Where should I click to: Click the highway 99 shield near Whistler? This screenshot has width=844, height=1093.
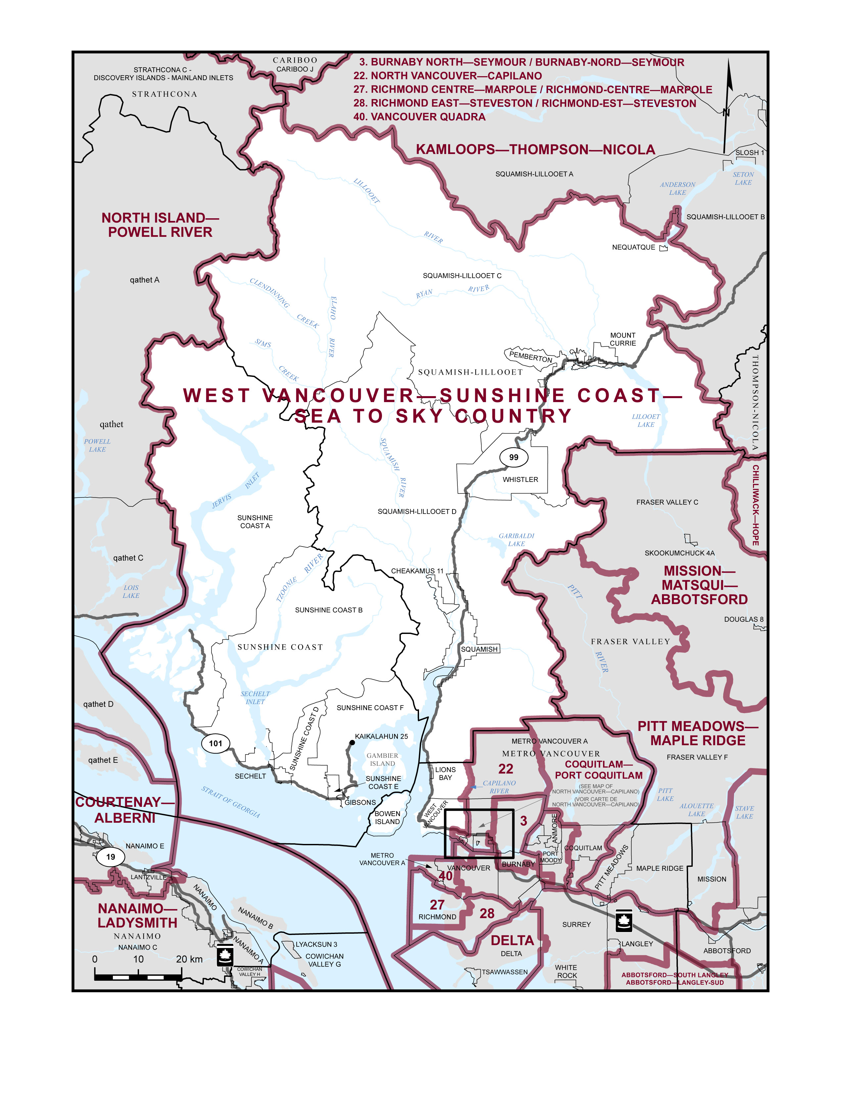pyautogui.click(x=513, y=457)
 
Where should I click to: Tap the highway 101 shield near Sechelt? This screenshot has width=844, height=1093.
pyautogui.click(x=215, y=743)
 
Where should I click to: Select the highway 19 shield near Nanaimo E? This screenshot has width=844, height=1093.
pyautogui.click(x=111, y=857)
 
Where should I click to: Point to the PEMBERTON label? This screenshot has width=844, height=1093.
pyautogui.click(x=531, y=357)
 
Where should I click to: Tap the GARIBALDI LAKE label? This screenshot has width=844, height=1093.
pyautogui.click(x=517, y=540)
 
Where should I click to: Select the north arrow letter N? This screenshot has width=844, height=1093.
pyautogui.click(x=726, y=113)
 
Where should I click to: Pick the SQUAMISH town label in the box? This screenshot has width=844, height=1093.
pyautogui.click(x=479, y=649)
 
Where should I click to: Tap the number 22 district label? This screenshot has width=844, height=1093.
pyautogui.click(x=505, y=769)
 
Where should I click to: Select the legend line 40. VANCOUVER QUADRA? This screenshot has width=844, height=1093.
pyautogui.click(x=419, y=117)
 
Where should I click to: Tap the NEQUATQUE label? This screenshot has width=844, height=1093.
pyautogui.click(x=633, y=247)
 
